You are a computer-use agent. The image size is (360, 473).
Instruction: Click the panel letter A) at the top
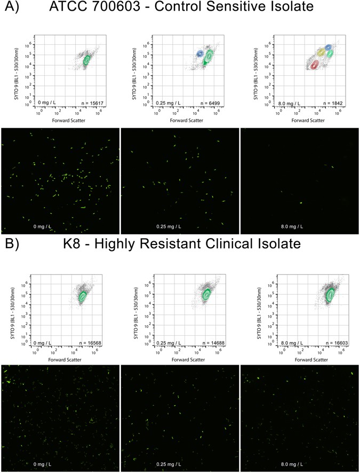[11, 8]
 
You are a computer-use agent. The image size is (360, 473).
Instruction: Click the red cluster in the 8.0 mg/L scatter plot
[314, 64]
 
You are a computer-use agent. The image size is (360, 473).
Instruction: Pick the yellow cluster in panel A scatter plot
[321, 52]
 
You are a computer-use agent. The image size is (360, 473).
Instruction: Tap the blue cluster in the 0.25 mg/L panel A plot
[200, 54]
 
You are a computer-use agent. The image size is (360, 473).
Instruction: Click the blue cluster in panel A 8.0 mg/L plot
[328, 48]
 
